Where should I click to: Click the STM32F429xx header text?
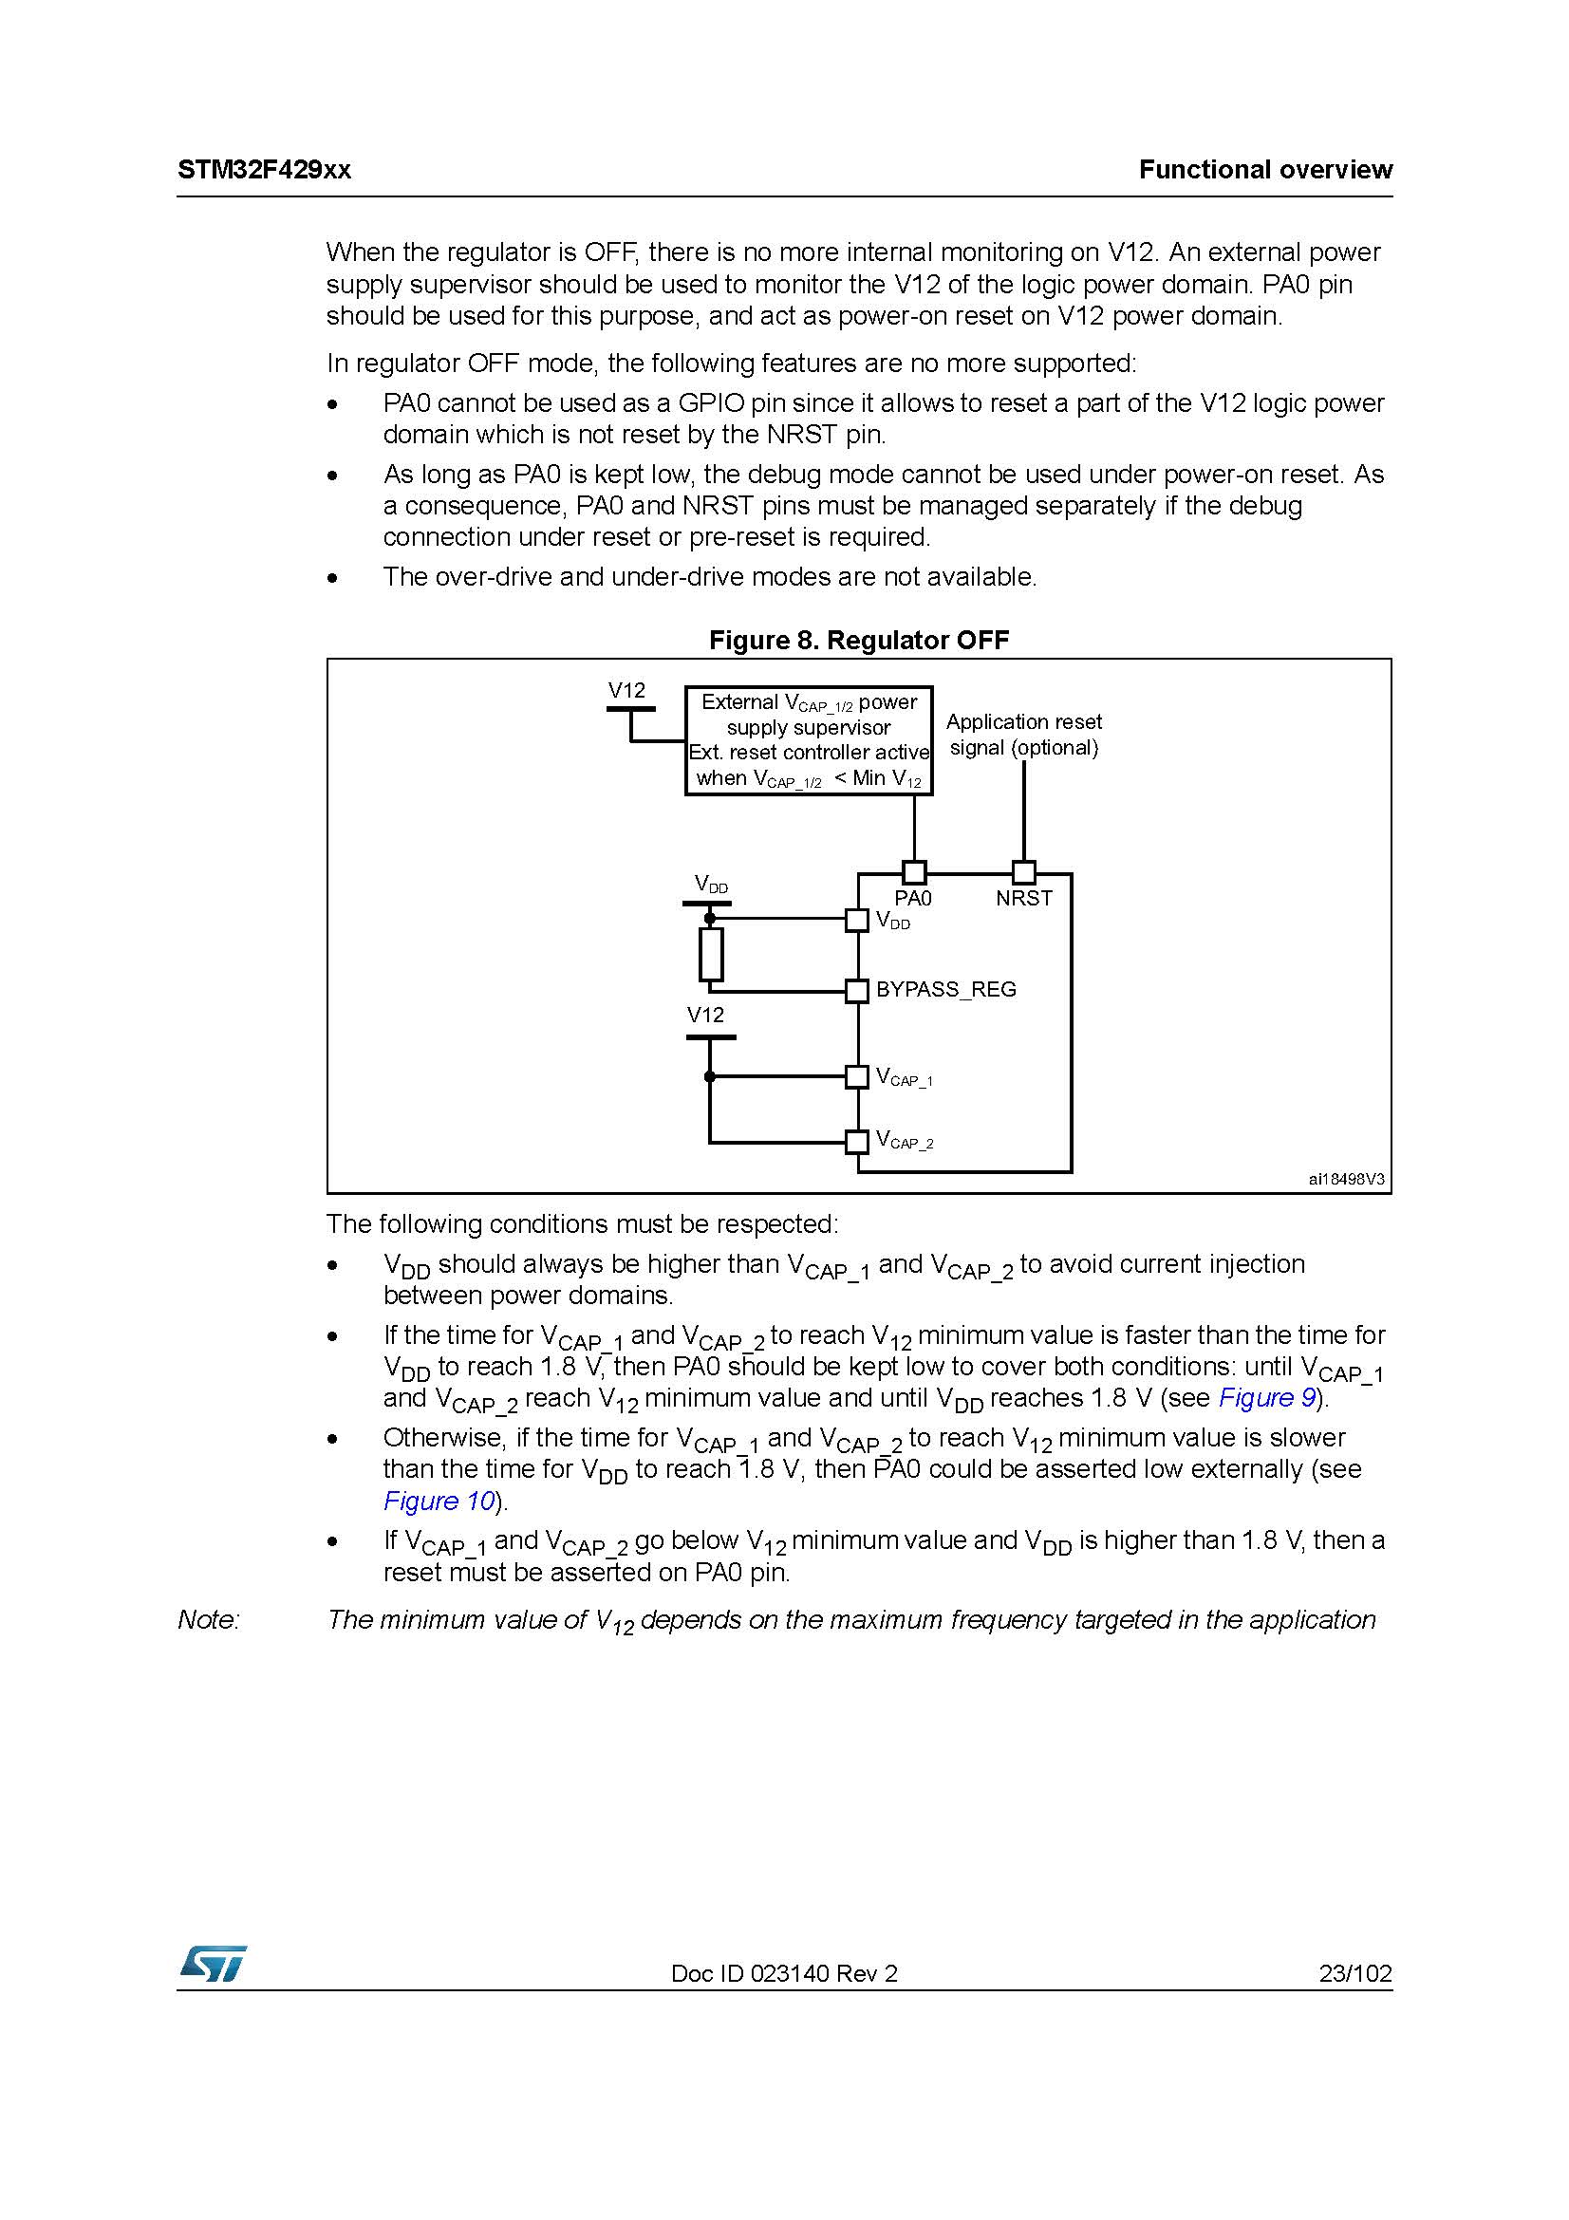click(x=264, y=170)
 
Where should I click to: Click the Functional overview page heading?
click(x=1264, y=170)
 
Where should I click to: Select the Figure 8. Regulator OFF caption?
click(x=858, y=640)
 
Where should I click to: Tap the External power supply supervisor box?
click(x=808, y=740)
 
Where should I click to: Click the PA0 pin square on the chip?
click(x=913, y=872)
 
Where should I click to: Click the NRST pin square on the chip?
click(x=1024, y=872)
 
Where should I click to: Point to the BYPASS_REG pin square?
click(x=856, y=991)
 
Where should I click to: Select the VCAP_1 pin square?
click(x=856, y=1076)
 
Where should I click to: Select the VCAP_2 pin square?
click(x=856, y=1142)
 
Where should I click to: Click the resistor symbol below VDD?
click(x=711, y=954)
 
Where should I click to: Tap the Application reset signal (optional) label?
click(x=1024, y=735)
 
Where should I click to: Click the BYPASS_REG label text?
click(x=945, y=990)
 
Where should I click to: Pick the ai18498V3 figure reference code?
click(x=1346, y=1180)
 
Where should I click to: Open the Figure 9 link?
click(x=1266, y=1398)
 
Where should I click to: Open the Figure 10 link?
click(x=439, y=1501)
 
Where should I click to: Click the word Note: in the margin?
click(x=208, y=1619)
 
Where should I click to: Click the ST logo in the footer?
click(x=212, y=1964)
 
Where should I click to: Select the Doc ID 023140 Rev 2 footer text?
click(x=784, y=1973)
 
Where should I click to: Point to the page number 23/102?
click(x=1355, y=1973)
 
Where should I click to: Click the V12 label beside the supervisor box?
click(x=626, y=690)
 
